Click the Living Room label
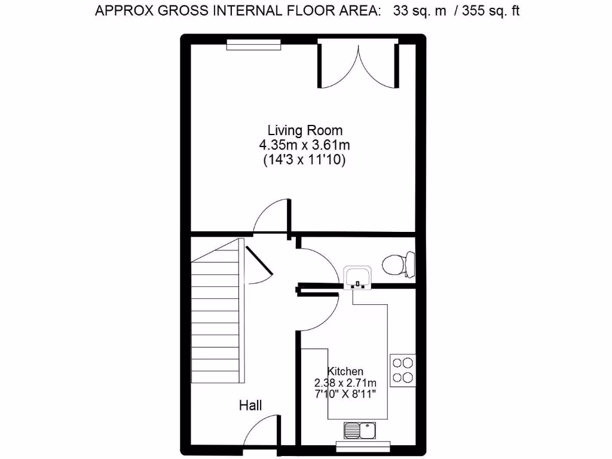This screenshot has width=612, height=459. (x=305, y=130)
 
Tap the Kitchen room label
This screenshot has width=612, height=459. (x=345, y=371)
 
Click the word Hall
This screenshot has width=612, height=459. (x=250, y=405)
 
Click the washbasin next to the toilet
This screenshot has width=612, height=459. (x=358, y=277)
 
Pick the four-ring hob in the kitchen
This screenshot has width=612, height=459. (x=403, y=370)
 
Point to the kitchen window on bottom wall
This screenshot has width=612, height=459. (x=363, y=444)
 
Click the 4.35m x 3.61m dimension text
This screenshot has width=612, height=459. (x=305, y=145)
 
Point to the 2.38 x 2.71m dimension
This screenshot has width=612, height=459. (x=345, y=383)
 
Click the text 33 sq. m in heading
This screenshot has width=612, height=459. (x=420, y=11)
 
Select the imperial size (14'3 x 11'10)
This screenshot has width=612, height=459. (x=305, y=160)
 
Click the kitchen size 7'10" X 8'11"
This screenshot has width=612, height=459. (x=345, y=394)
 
